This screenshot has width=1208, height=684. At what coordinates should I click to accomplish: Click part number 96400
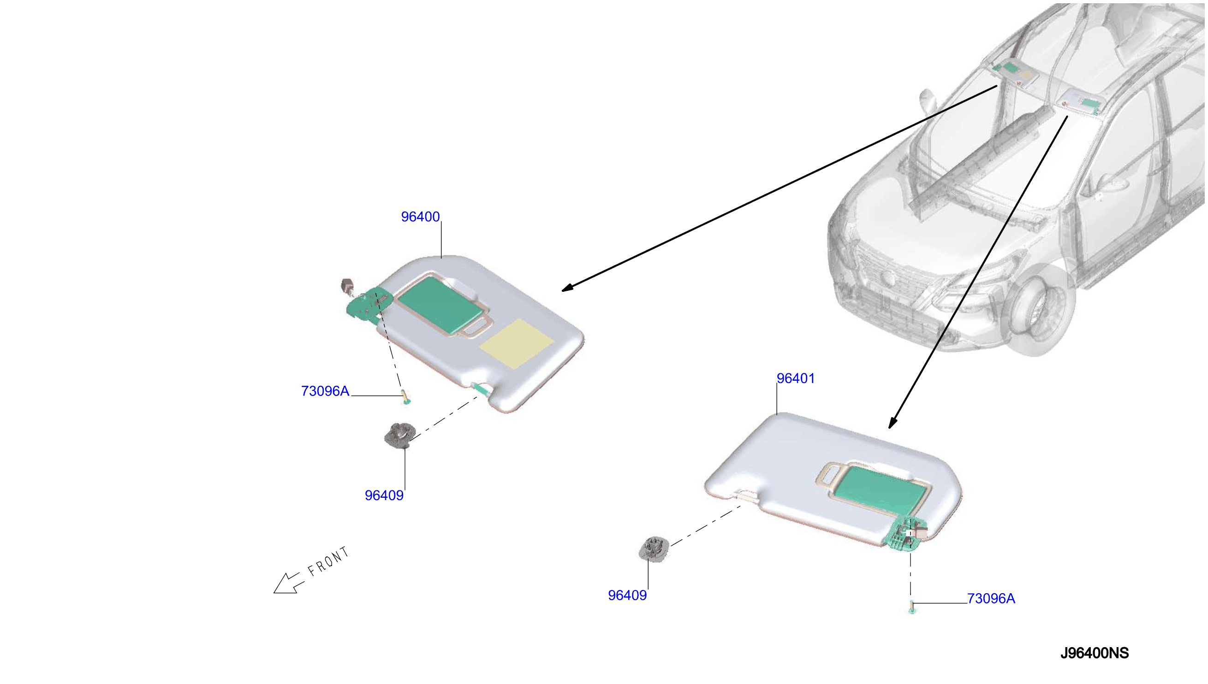(x=420, y=217)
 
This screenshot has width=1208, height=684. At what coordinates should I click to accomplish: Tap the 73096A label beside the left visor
(x=325, y=391)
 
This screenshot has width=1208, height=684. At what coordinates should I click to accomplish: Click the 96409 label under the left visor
(x=384, y=495)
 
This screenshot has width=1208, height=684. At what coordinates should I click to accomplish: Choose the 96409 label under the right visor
(x=627, y=595)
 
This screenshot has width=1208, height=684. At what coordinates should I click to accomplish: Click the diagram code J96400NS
(x=1094, y=653)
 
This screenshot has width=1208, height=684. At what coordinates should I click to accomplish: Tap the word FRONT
(x=328, y=561)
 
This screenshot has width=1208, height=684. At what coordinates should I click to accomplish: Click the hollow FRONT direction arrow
(x=288, y=584)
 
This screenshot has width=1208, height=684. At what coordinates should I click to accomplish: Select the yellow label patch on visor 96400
(x=516, y=344)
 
